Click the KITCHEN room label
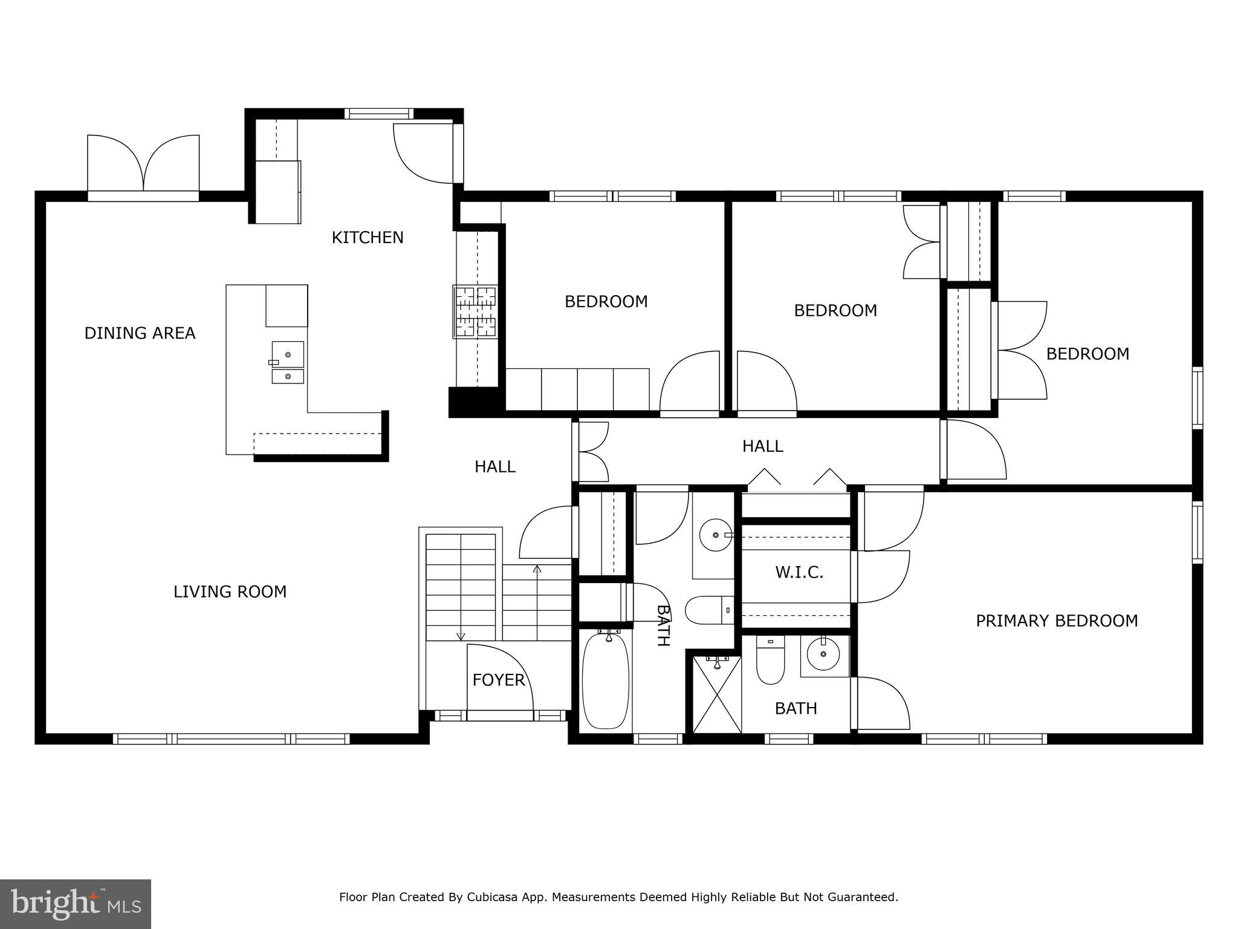tap(368, 238)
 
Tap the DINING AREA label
tap(140, 333)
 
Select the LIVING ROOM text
tap(230, 592)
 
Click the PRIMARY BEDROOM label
tap(1057, 621)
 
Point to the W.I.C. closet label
tap(799, 572)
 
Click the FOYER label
tap(498, 680)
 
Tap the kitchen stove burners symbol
tap(476, 312)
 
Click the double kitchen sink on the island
tap(288, 363)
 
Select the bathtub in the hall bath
tap(605, 680)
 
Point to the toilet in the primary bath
tap(770, 662)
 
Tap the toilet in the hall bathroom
tap(707, 610)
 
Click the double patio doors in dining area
tap(143, 163)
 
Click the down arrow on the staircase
tap(461, 635)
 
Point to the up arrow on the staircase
tap(537, 569)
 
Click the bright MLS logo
tap(76, 904)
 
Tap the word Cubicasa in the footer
tap(490, 897)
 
